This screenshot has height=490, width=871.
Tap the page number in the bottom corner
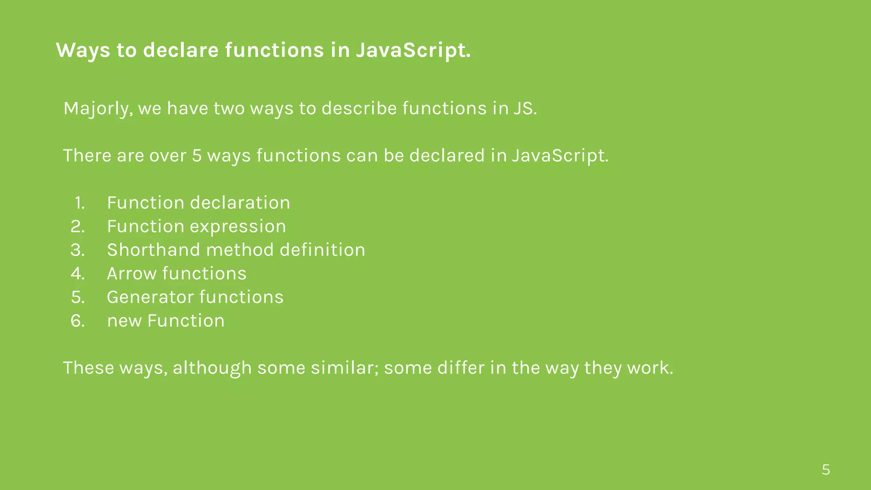pyautogui.click(x=825, y=470)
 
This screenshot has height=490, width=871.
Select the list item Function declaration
pyautogui.click(x=198, y=203)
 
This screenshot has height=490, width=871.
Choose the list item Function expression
pyautogui.click(x=196, y=226)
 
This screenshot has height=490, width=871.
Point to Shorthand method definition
pyautogui.click(x=236, y=250)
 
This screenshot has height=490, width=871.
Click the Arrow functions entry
pyautogui.click(x=176, y=273)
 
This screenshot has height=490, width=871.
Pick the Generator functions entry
pyautogui.click(x=195, y=297)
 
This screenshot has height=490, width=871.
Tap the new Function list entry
pyautogui.click(x=166, y=321)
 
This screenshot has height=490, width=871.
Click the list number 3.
pyautogui.click(x=77, y=250)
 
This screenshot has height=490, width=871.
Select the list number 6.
pyautogui.click(x=77, y=321)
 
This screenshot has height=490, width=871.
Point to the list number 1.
pyautogui.click(x=80, y=203)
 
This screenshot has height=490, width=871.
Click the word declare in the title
pyautogui.click(x=181, y=50)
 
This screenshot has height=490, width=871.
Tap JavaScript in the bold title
pyautogui.click(x=413, y=50)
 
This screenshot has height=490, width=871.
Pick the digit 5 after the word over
pyautogui.click(x=196, y=156)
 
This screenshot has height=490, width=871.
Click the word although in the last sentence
pyautogui.click(x=212, y=368)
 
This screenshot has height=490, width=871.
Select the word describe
pyautogui.click(x=359, y=108)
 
